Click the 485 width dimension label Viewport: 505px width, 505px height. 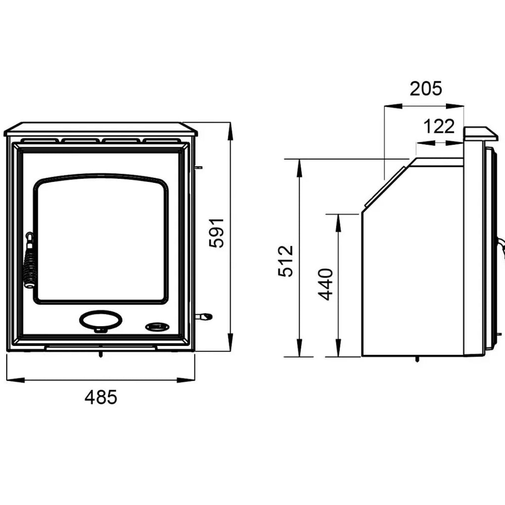click(x=100, y=397)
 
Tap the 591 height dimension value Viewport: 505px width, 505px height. click(x=216, y=233)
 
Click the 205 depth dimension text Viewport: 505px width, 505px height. click(x=425, y=88)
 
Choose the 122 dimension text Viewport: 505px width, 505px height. click(x=439, y=126)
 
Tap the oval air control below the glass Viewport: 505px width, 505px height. click(x=100, y=320)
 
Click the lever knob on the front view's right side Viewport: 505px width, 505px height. click(x=205, y=317)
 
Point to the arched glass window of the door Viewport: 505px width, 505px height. click(x=101, y=240)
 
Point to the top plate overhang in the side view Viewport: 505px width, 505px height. click(x=480, y=133)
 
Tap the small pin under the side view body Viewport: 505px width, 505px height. click(x=417, y=360)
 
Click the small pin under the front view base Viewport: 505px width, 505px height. click(x=102, y=355)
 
